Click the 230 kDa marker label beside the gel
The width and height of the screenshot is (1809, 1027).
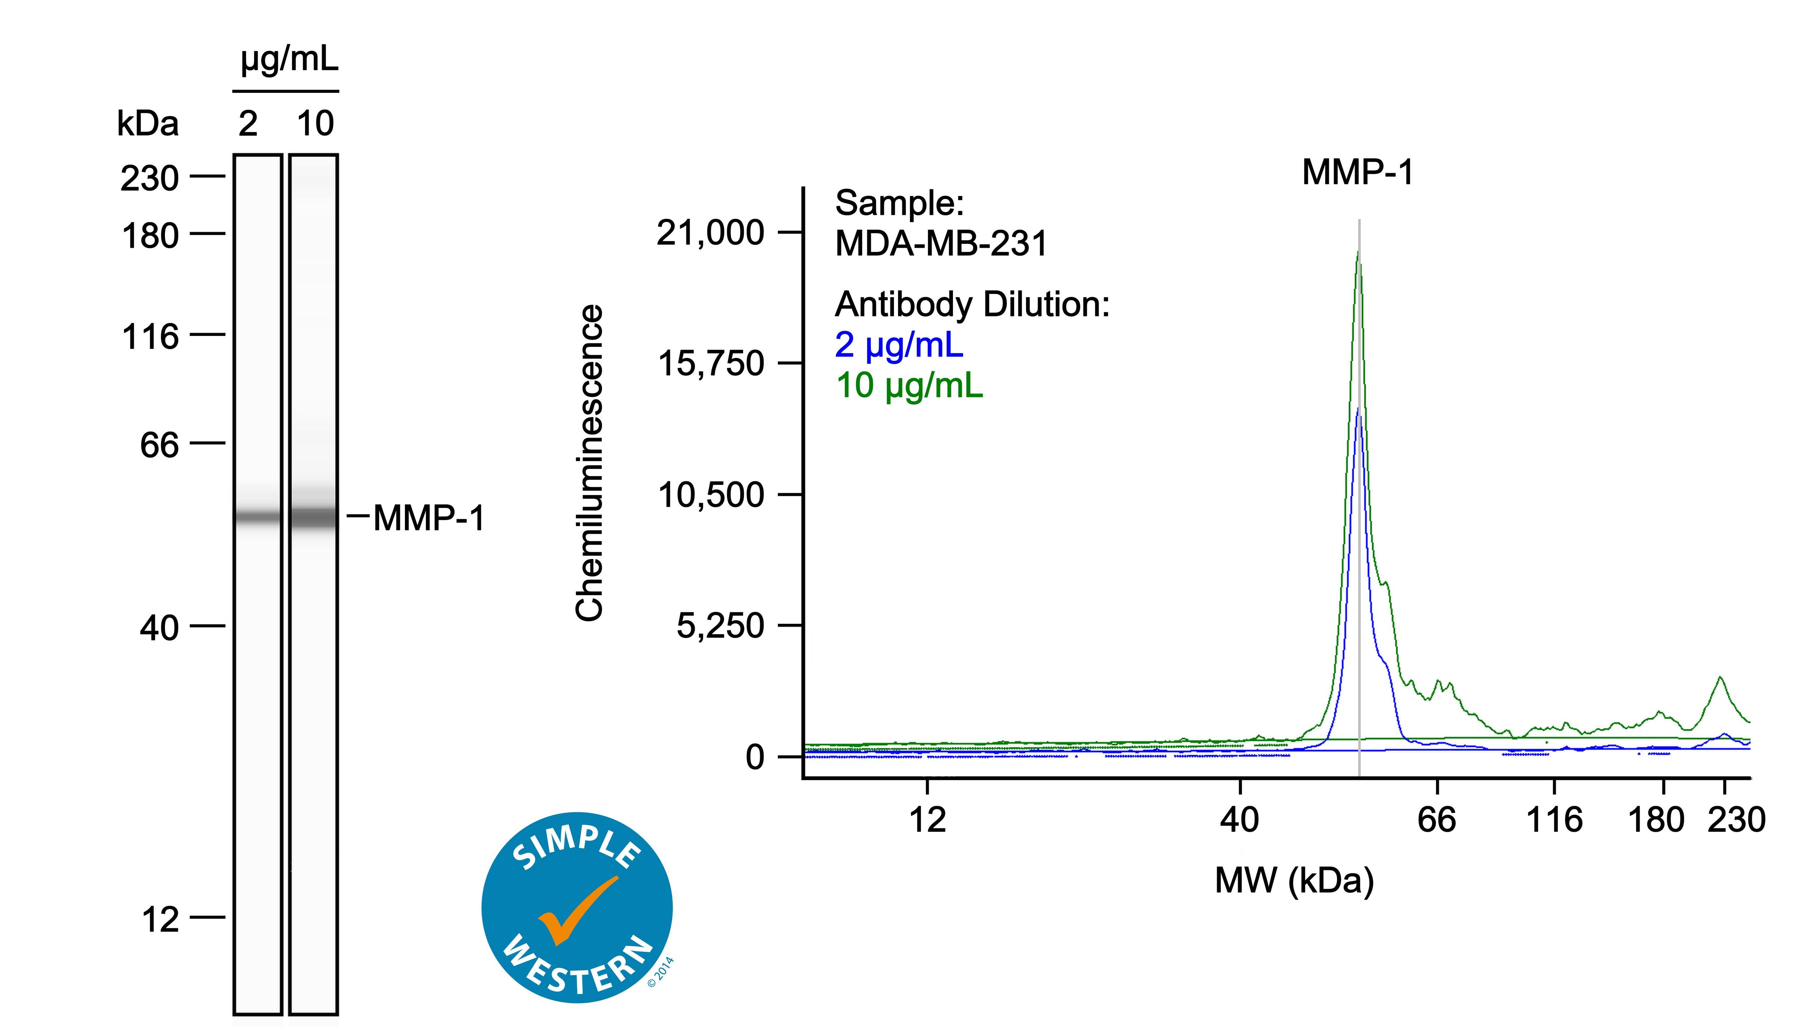[x=149, y=178]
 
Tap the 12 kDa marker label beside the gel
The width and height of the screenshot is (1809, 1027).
[x=160, y=920]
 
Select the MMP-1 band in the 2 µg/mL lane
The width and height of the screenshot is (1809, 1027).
[x=258, y=518]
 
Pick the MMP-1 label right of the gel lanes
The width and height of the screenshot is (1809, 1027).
[x=429, y=519]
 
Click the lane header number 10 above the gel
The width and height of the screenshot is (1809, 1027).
[x=315, y=124]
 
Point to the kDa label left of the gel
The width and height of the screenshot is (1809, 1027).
[x=148, y=124]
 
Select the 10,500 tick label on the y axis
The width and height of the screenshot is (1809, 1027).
[x=711, y=494]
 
